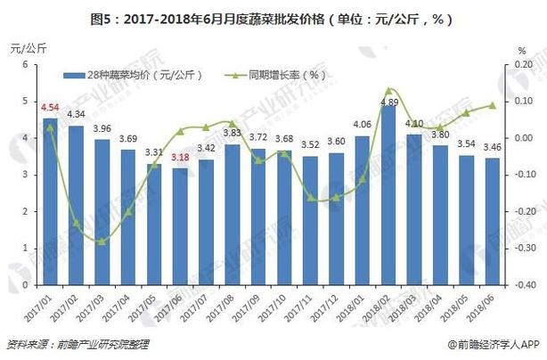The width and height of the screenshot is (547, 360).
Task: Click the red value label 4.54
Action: pos(50,109)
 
